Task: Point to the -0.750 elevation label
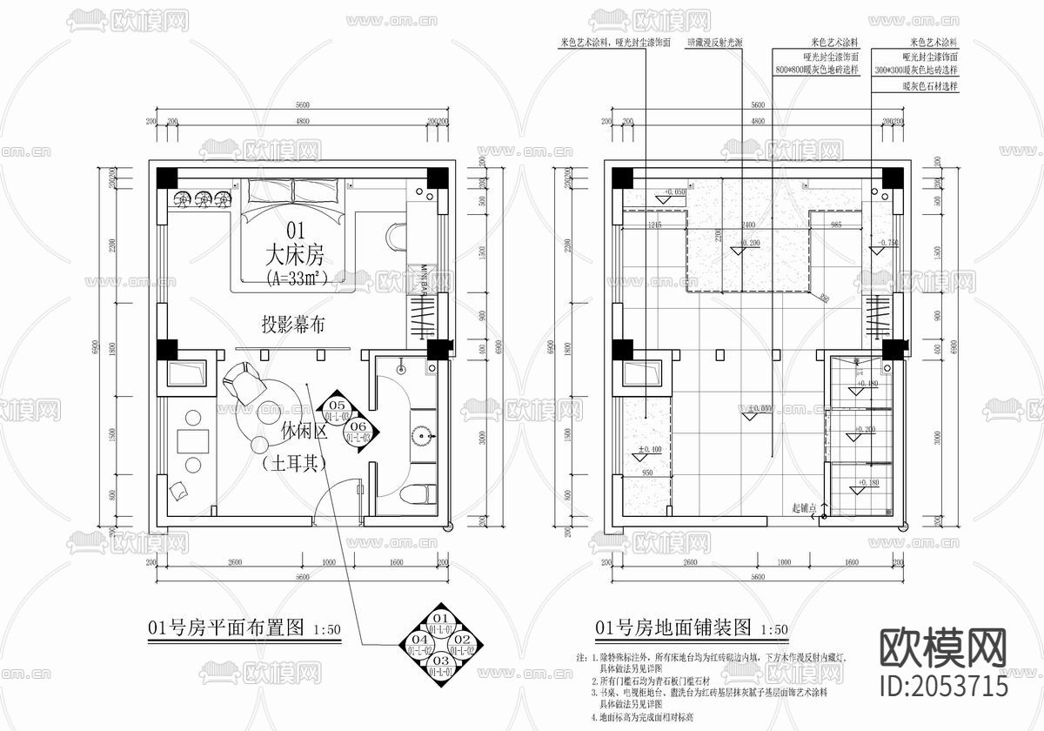(887, 243)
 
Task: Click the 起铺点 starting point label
(805, 506)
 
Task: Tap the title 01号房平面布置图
(225, 627)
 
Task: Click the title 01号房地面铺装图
(673, 627)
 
